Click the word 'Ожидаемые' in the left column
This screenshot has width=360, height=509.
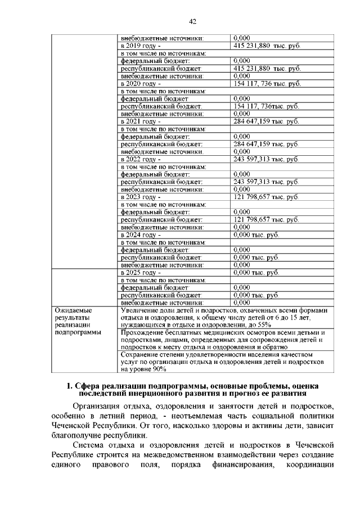click(73, 310)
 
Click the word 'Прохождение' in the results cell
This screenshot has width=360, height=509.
click(145, 332)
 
